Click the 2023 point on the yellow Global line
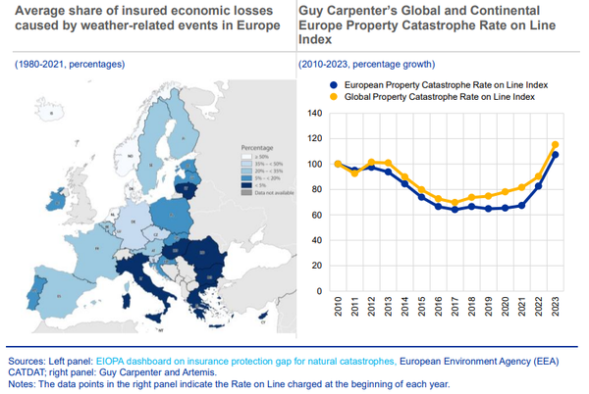pos(556,145)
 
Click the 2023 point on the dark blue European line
pos(556,155)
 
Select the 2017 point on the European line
pos(455,210)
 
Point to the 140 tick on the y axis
pos(315,113)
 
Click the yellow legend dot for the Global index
pos(332,97)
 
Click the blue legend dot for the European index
pos(332,85)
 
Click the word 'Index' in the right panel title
pos(314,41)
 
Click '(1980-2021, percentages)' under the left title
pos(69,64)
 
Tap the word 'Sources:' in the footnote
pos(27,351)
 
